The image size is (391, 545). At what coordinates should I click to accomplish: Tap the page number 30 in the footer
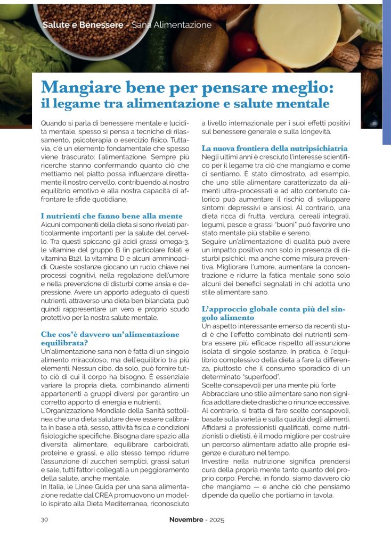(45, 519)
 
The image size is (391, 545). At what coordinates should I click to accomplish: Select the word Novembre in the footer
(186, 519)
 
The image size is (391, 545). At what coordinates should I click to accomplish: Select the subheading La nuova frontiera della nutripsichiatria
(275, 148)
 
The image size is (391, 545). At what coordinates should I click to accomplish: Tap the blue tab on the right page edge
(386, 75)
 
